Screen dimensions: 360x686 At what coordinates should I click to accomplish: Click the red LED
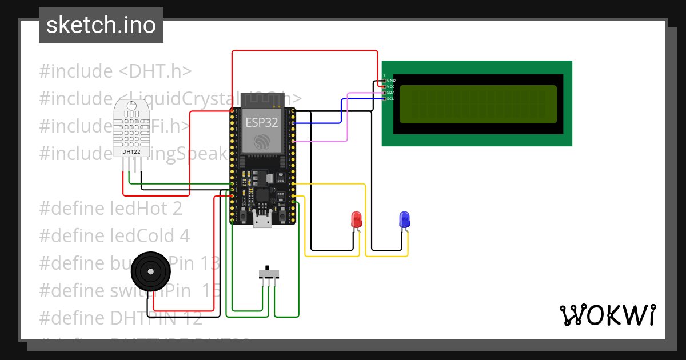(356, 219)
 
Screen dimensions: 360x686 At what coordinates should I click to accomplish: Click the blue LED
(404, 219)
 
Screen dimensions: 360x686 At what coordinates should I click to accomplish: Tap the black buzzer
(151, 272)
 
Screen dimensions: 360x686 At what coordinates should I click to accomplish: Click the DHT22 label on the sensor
(131, 152)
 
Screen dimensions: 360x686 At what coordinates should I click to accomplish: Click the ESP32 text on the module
(262, 122)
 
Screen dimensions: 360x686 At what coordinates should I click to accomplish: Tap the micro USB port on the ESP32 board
(262, 221)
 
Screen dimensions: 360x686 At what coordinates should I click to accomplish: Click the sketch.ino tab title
(101, 25)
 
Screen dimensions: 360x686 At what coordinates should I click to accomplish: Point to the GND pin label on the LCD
(392, 81)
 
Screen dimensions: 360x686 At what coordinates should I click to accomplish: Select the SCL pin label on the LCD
(391, 99)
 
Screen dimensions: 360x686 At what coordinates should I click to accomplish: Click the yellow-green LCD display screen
(478, 104)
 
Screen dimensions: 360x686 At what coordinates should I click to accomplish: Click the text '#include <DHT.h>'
(115, 71)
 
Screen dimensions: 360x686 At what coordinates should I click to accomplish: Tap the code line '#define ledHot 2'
(110, 209)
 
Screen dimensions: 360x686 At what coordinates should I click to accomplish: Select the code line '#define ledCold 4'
(114, 236)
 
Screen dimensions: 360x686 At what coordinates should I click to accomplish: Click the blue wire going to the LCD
(341, 111)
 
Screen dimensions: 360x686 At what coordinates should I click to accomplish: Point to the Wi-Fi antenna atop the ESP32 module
(262, 99)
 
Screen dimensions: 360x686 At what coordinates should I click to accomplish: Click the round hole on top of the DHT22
(131, 105)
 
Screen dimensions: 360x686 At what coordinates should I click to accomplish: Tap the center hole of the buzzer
(151, 272)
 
